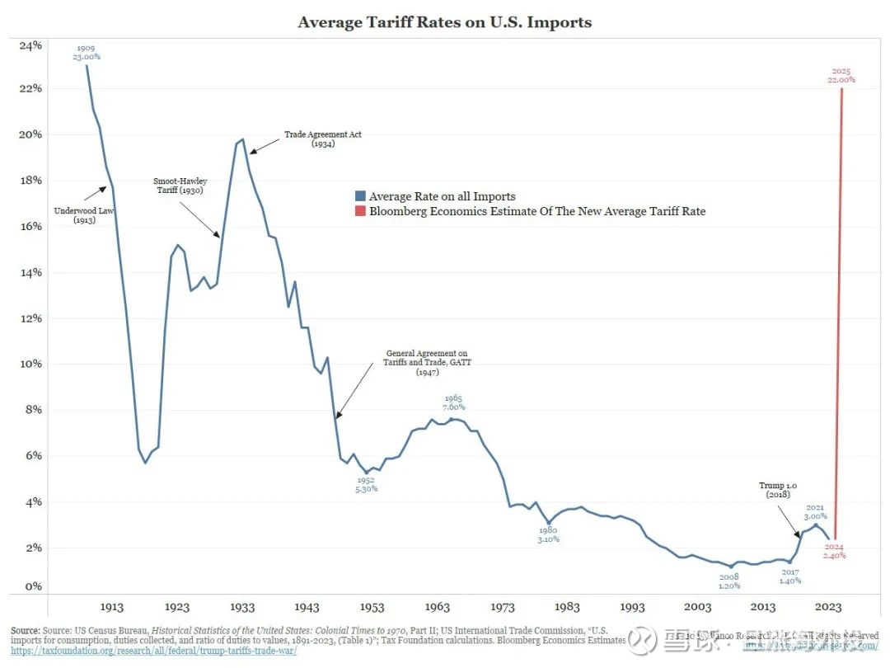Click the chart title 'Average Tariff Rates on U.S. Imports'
445,22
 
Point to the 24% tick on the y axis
30,45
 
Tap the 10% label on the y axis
30,364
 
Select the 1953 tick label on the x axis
372,607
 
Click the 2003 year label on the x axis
698,607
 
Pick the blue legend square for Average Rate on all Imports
360,196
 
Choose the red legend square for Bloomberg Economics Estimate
360,211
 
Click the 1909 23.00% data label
87,52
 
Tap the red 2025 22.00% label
841,76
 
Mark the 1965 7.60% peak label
453,402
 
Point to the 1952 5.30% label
366,484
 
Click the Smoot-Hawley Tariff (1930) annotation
180,186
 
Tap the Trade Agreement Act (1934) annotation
322,139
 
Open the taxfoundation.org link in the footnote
153,651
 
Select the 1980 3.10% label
547,534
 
